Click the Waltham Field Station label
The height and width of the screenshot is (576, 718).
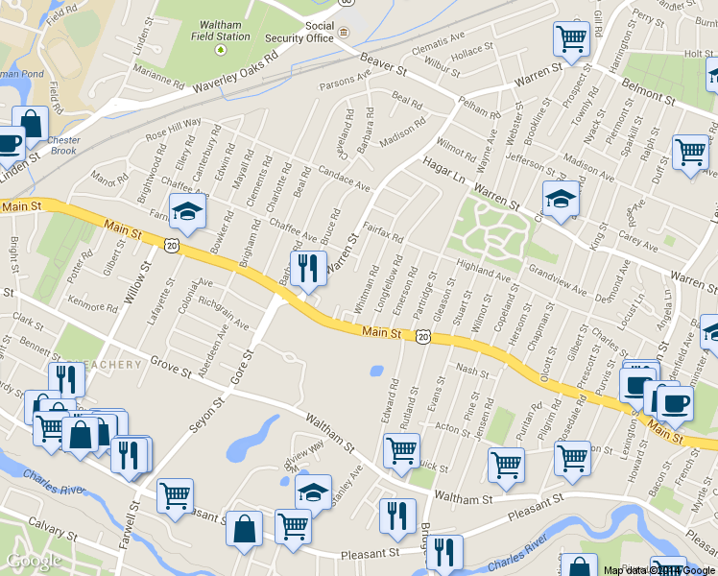pyautogui.click(x=220, y=30)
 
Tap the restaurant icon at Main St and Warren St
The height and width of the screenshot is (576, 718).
pyautogui.click(x=308, y=269)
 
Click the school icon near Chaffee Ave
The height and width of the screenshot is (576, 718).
pyautogui.click(x=187, y=212)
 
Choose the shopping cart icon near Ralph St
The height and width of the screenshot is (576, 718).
pyautogui.click(x=690, y=152)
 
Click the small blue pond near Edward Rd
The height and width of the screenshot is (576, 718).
pyautogui.click(x=375, y=371)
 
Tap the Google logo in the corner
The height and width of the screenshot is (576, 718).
pyautogui.click(x=35, y=561)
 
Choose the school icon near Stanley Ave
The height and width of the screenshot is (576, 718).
pyautogui.click(x=313, y=491)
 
